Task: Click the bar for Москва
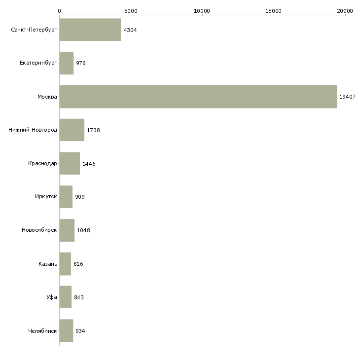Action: click(198, 97)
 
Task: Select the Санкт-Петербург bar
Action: click(90, 30)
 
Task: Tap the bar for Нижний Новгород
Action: click(72, 130)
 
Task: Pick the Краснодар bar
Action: click(70, 163)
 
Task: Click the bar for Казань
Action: click(65, 264)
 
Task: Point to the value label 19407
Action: click(347, 97)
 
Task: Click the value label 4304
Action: click(130, 30)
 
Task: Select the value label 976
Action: click(81, 64)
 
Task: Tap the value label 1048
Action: click(83, 230)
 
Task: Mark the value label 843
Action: click(79, 297)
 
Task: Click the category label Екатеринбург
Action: click(38, 63)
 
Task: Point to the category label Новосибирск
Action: click(39, 230)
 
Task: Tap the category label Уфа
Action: click(52, 297)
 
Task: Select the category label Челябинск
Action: click(42, 331)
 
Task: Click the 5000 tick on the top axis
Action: click(131, 10)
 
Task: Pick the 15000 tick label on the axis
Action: click(273, 10)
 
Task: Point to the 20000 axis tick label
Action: click(345, 10)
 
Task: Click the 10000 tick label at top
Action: click(202, 10)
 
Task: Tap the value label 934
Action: click(80, 331)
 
